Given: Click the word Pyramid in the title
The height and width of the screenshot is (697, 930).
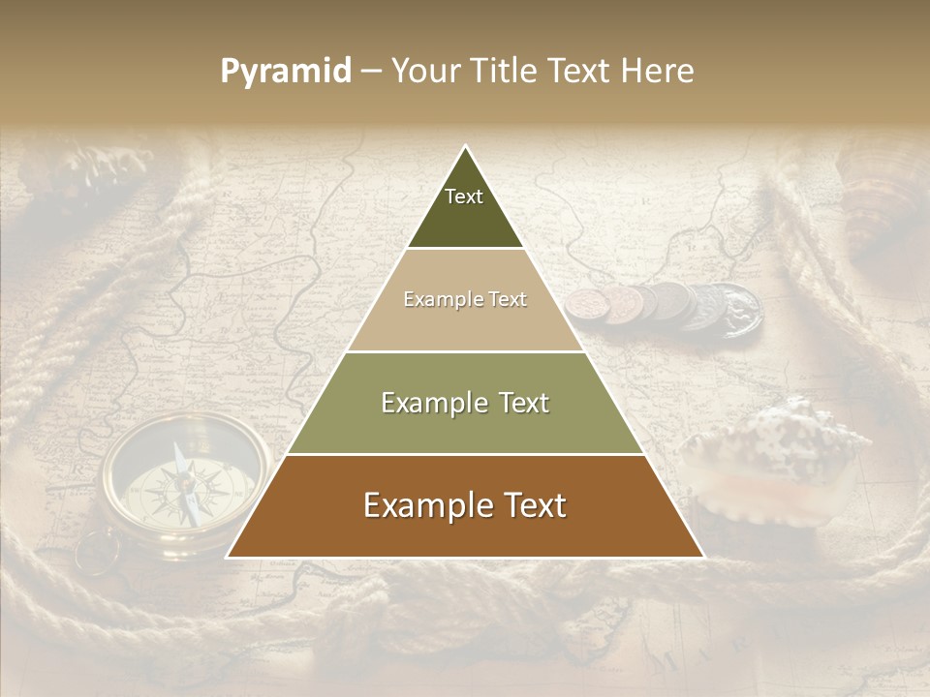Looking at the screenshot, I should (x=286, y=72).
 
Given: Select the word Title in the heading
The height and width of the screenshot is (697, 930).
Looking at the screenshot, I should (x=505, y=72).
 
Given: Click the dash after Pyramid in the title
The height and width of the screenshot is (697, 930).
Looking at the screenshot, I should (x=371, y=72).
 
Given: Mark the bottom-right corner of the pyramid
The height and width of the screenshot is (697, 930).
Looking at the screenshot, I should (x=702, y=557).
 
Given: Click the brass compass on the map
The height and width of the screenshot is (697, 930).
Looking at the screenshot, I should (x=184, y=484).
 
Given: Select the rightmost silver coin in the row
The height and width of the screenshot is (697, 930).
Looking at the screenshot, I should (x=736, y=310).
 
